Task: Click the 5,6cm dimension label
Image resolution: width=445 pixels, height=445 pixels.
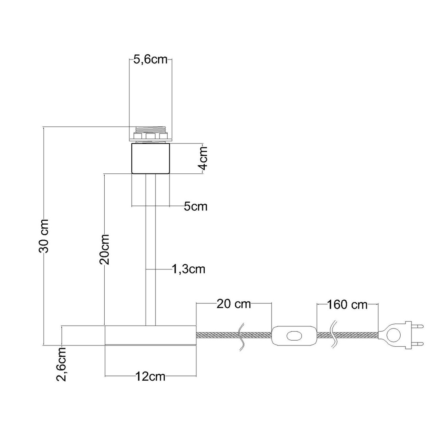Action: pos(150,60)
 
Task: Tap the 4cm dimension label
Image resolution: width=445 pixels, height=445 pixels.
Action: pos(203,158)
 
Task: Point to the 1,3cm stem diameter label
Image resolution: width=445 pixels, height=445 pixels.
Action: pos(189,269)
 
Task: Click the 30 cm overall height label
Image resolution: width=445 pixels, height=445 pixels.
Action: pos(44,236)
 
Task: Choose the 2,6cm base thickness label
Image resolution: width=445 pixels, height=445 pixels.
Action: pos(61,364)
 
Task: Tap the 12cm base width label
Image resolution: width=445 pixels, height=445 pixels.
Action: pos(150,376)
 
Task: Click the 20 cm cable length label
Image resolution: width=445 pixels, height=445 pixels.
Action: pos(234,304)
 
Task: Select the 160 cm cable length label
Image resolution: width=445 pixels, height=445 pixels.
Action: pos(347,305)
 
